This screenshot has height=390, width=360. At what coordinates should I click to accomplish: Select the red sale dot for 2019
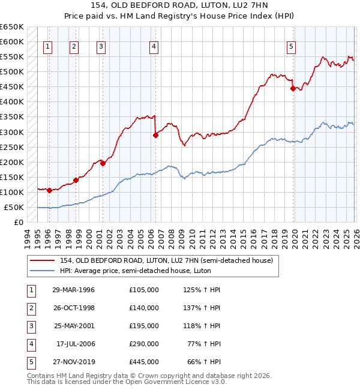293,88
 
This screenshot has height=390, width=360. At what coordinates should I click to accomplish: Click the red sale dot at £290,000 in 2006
155,135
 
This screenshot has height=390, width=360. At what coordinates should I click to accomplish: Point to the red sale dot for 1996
49,190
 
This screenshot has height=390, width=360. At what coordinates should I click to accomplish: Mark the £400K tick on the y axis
12,102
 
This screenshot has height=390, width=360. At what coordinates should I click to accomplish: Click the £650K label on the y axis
12,27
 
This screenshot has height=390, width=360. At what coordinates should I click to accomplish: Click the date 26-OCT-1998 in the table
73,308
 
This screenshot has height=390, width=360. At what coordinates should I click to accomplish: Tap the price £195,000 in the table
143,326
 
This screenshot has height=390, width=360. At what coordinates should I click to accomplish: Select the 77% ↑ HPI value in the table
203,344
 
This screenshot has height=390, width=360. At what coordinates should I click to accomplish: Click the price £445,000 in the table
143,362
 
